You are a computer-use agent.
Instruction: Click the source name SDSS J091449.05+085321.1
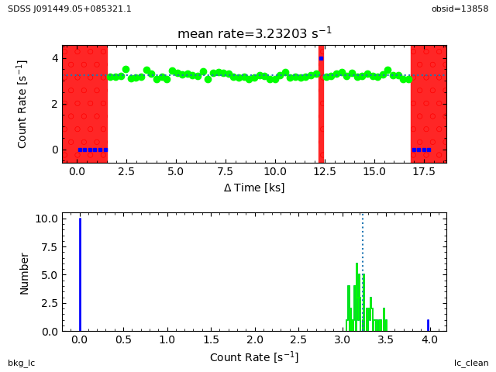[x=70, y=9]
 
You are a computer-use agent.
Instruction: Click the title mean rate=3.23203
[x=254, y=33]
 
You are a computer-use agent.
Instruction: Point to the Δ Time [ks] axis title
[x=254, y=187]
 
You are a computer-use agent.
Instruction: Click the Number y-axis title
[x=25, y=273]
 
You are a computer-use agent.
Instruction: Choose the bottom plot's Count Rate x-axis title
[x=254, y=357]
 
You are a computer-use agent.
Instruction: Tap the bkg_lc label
[x=22, y=363]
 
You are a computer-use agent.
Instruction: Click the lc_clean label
[x=471, y=363]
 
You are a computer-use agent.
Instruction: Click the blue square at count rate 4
[x=321, y=58]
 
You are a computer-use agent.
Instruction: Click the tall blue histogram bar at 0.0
[x=80, y=274]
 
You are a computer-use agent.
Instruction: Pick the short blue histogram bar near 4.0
[x=428, y=325]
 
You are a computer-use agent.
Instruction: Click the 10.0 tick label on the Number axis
[x=46, y=219]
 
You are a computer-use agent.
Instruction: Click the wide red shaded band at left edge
[x=85, y=104]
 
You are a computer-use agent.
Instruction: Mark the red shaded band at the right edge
[x=428, y=104]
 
